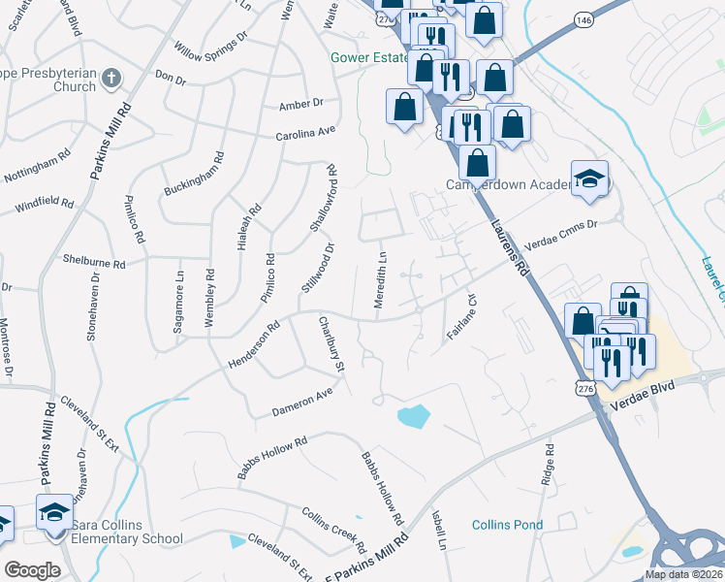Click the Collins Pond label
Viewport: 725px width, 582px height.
coord(507,525)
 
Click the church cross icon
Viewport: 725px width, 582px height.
coord(112,78)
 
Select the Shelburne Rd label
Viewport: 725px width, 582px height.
coord(94,264)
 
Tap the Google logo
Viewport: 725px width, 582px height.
coord(32,570)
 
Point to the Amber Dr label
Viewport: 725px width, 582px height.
coord(299,104)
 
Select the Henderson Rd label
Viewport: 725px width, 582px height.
coord(254,345)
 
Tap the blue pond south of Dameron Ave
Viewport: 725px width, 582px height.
coord(414,417)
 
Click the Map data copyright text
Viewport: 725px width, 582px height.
coord(683,574)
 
